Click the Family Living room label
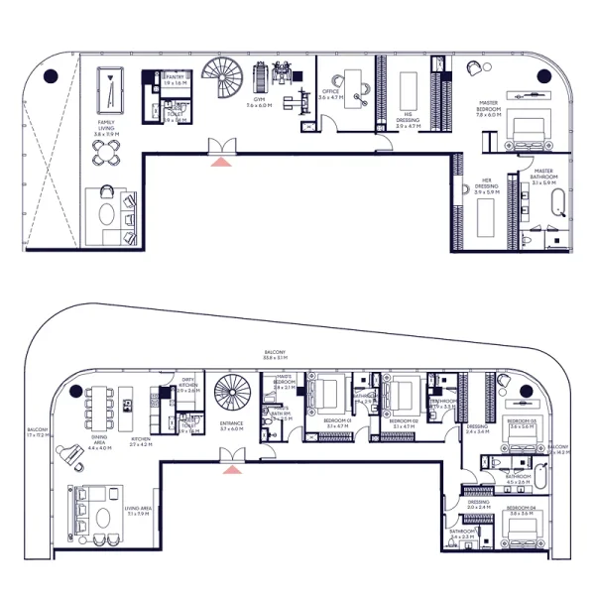105,126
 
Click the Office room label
333,96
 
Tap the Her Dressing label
486,186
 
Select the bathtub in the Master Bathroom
558,206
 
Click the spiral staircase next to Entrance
234,395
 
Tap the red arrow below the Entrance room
231,467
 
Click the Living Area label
137,511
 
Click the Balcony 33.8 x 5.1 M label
275,355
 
